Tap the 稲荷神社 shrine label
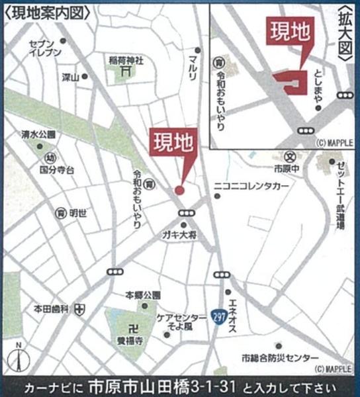[x=126, y=60]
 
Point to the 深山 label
[x=70, y=77]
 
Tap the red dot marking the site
[x=179, y=191]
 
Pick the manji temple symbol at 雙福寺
[x=134, y=328]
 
